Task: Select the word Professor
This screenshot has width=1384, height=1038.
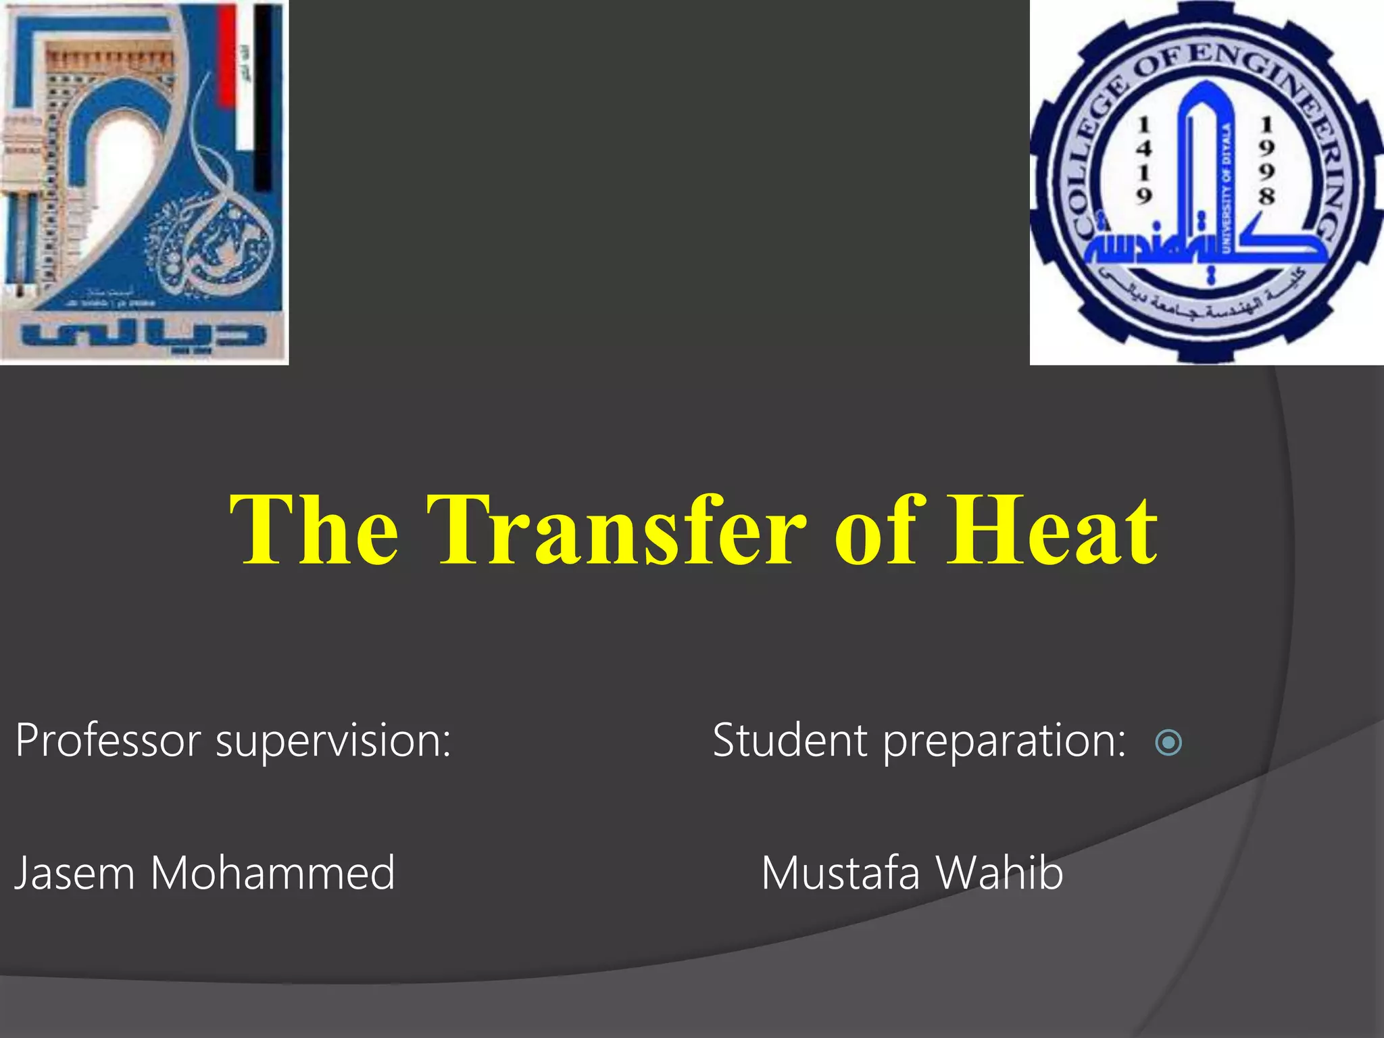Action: click(x=108, y=741)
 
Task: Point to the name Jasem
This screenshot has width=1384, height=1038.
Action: click(x=74, y=873)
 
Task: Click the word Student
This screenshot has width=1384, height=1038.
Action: click(x=789, y=741)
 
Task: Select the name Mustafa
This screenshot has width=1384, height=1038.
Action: click(x=841, y=873)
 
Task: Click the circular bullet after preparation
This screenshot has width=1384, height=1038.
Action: click(x=1168, y=743)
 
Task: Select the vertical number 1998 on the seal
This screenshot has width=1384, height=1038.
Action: click(x=1266, y=160)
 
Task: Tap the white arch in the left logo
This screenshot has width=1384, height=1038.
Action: click(x=122, y=162)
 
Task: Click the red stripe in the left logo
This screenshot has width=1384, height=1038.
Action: click(x=226, y=54)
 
